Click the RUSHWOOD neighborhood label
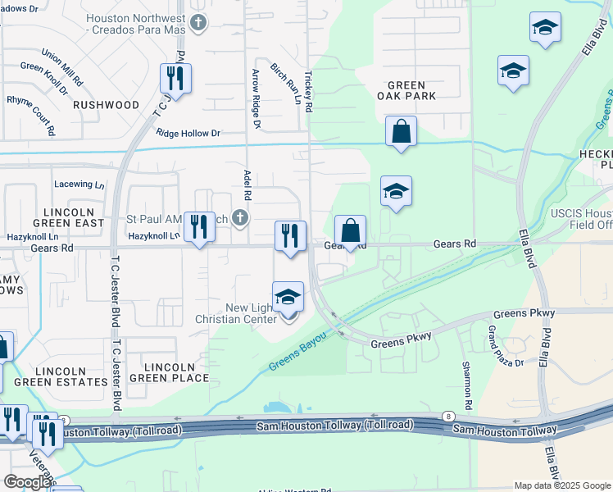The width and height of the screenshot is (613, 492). coord(107,105)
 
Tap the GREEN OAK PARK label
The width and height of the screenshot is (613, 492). coord(406,90)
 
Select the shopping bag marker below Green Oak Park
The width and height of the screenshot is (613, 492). coord(401,132)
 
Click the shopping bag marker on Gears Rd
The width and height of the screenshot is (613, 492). coord(350,231)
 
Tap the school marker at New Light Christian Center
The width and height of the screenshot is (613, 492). coord(288,298)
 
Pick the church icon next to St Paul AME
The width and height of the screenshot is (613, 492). coord(239,218)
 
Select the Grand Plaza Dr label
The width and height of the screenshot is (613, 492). coord(506,345)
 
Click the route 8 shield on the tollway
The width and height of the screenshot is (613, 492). coord(449,417)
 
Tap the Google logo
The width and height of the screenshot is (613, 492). coord(26,482)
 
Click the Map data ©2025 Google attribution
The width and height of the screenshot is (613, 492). coord(561,485)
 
